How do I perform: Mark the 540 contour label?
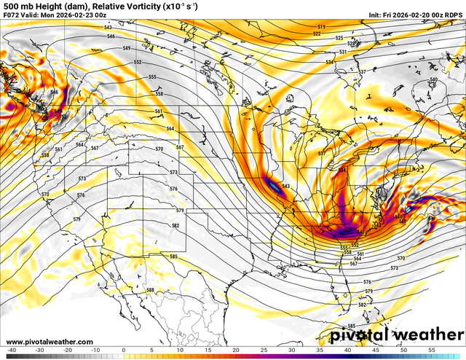(x=434, y=79)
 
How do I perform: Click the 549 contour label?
(x=127, y=48)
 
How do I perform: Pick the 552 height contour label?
(x=138, y=63)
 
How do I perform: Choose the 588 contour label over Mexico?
(x=150, y=290)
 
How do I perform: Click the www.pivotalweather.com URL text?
(x=50, y=342)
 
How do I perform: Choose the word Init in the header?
(x=376, y=15)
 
